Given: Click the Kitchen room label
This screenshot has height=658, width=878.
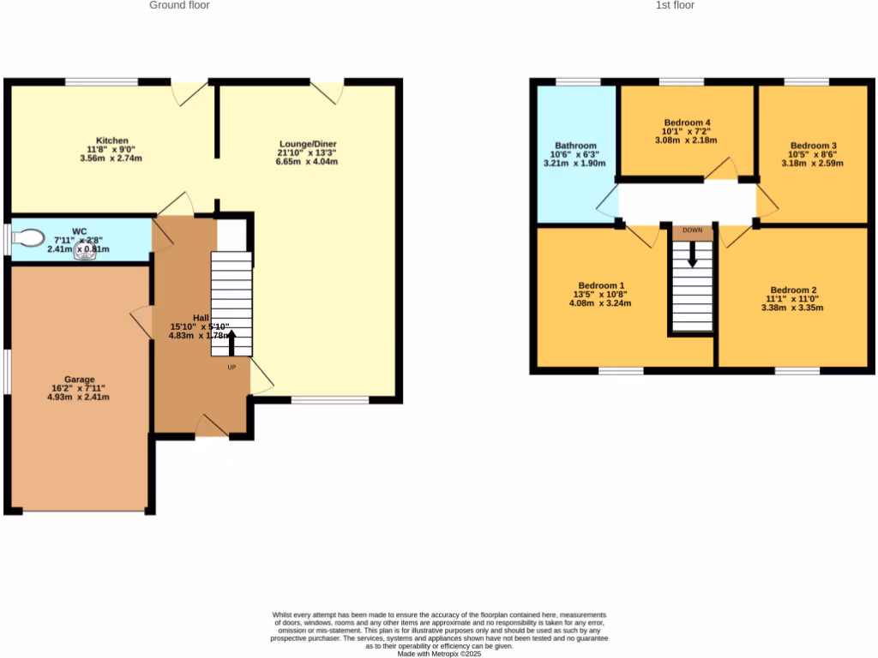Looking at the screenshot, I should [112, 141].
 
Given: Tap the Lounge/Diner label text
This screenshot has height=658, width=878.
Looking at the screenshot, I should [307, 143].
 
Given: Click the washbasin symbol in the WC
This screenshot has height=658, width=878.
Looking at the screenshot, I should [86, 251].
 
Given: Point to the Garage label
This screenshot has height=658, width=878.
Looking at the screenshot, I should [79, 380].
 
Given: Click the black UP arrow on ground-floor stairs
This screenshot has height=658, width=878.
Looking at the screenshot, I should [231, 342].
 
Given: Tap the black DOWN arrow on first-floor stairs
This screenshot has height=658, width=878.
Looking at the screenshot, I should [693, 254].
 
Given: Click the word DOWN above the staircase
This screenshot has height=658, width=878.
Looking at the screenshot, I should [693, 230].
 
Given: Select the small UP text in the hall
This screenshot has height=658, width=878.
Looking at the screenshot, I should [232, 368].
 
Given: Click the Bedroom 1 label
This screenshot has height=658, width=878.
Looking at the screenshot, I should [601, 285].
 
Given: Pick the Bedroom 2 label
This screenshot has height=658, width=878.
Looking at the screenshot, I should [793, 290].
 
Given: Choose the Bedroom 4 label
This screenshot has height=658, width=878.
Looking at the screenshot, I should [687, 123].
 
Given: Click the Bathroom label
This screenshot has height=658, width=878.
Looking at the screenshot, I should [575, 146].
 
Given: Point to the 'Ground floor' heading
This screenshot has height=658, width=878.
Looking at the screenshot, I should [179, 5].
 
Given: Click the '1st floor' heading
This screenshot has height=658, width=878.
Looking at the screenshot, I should [676, 5].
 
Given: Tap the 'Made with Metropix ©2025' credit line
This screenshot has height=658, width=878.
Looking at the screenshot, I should [439, 653].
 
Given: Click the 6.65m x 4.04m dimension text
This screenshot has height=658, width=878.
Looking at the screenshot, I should [307, 161].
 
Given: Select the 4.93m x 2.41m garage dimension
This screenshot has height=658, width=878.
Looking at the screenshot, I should [79, 397].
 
